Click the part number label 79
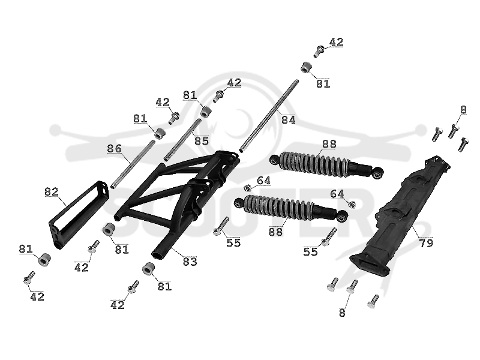coord(426,243)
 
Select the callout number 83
coord(190,262)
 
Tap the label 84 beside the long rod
coord(289,119)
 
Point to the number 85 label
coord(201,141)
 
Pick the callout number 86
coord(114,149)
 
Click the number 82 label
coord(52,192)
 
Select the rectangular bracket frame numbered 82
coord(79,214)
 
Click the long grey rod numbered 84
coord(269,116)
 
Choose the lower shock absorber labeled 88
coord(291,208)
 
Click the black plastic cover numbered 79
coord(400,216)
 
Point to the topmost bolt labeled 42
coord(319,51)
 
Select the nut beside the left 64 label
coord(248,187)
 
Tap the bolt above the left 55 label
coord(221,226)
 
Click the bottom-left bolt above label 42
coord(29,277)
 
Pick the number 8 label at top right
coord(463,110)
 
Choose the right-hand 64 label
coord(337,194)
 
